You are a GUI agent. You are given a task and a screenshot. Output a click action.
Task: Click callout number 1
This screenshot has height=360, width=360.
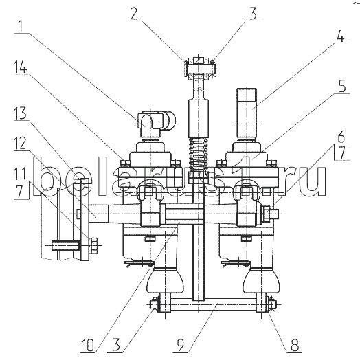[x=21, y=26]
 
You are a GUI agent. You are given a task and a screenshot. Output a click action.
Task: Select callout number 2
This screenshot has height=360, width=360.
[x=134, y=13]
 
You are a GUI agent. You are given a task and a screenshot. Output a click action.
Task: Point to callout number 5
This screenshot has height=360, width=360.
[x=342, y=87]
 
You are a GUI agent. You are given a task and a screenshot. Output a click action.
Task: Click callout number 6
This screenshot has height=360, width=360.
[x=341, y=137]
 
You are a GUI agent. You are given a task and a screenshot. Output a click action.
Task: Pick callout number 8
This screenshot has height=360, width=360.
[x=295, y=345]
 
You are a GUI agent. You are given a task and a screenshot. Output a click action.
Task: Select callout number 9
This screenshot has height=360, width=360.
[x=181, y=345]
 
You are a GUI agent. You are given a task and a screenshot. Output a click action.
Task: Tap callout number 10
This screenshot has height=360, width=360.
[x=87, y=346]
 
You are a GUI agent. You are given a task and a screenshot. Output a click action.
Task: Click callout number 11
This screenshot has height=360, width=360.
[x=19, y=174]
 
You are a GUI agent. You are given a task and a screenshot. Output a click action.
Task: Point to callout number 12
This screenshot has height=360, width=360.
[x=20, y=144]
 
